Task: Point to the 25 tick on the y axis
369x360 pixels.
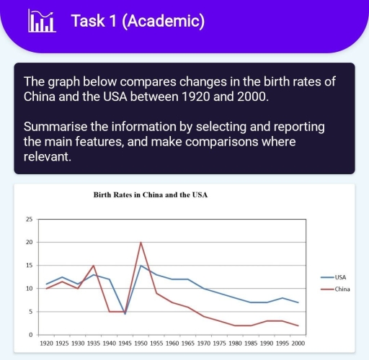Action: point(30,219)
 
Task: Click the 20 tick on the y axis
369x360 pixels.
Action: point(30,242)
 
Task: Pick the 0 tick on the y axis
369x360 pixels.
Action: point(31,335)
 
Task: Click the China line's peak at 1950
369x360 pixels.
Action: point(141,243)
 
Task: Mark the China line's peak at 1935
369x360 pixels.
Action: point(94,266)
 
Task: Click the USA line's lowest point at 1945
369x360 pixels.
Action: point(125,314)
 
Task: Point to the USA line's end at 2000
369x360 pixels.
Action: point(297,302)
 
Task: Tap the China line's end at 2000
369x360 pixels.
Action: point(297,325)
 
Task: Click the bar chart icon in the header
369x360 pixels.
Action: point(41,22)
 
